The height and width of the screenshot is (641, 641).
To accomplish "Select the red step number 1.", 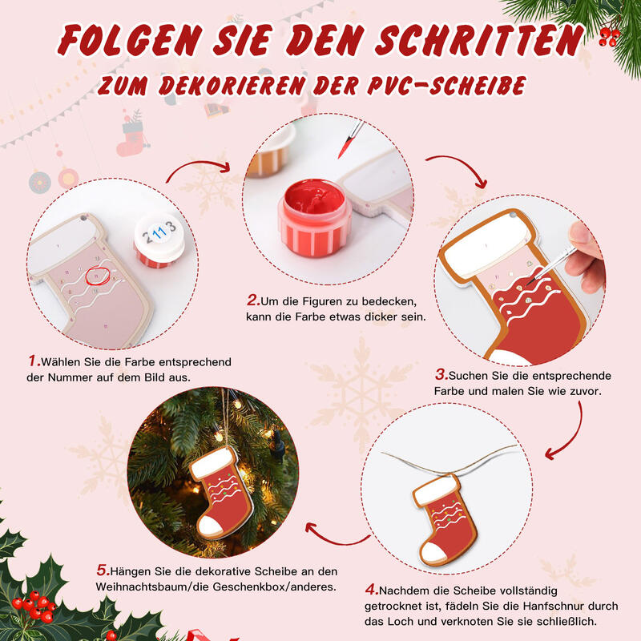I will (34, 361).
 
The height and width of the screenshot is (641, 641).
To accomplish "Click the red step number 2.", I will (252, 301).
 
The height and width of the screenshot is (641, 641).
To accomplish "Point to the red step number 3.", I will (441, 374).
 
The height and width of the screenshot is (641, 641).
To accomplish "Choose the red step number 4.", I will (370, 589).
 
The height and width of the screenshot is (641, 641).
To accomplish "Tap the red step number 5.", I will (102, 570).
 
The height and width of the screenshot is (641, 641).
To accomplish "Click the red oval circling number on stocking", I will (97, 277).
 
